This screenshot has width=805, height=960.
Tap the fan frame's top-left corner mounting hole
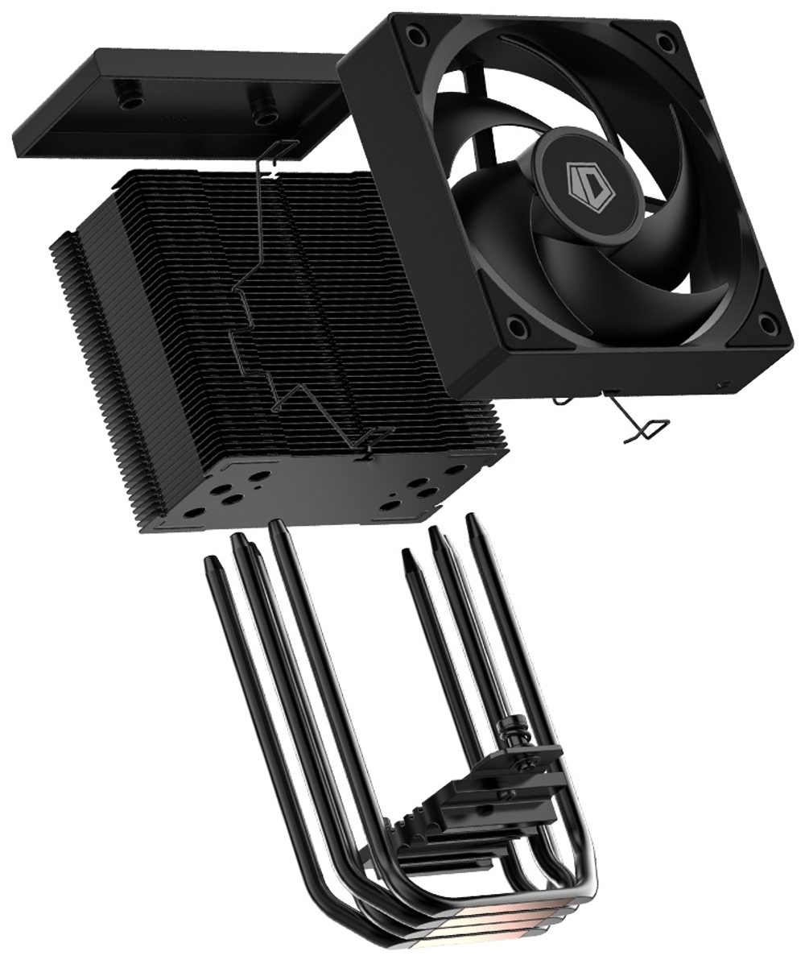pos(416,35)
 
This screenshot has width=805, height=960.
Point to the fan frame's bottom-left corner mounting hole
pos(518,327)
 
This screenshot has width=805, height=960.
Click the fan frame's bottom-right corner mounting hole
pos(768,325)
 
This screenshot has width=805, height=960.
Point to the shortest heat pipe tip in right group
pos(407,555)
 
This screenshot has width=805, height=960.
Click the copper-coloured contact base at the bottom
pos(483,926)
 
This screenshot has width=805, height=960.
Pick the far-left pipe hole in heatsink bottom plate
pos(194,511)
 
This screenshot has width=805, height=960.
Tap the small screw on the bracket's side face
pos(506,795)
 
